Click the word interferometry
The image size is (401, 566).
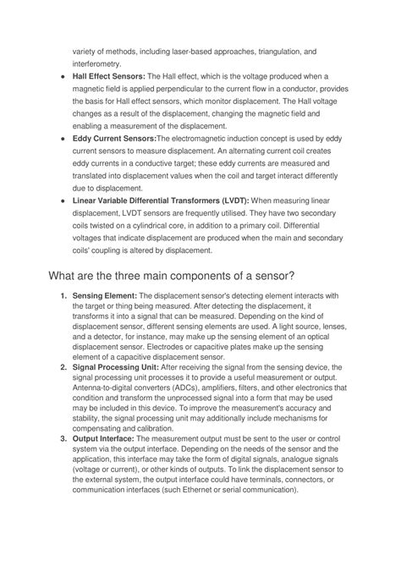click(x=97, y=63)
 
